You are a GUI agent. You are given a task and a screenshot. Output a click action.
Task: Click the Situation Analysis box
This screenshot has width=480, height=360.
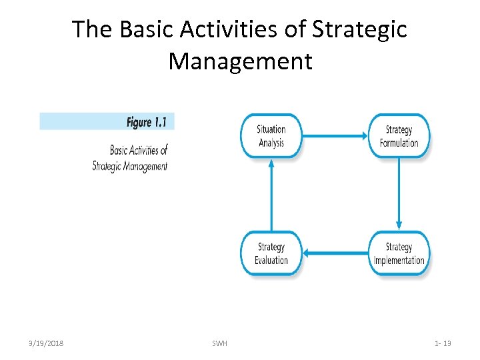(x=271, y=135)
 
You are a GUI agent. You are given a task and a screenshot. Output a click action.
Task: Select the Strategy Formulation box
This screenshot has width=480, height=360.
(x=399, y=136)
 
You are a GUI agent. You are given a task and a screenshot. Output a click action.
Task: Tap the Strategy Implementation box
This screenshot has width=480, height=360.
(x=399, y=253)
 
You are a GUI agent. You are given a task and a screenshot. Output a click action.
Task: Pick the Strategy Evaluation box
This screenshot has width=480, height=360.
(x=271, y=253)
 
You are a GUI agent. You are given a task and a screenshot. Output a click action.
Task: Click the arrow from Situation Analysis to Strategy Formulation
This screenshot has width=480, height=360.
(x=335, y=135)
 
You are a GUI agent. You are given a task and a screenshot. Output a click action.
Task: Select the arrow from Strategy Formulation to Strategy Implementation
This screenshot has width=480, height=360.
(x=399, y=193)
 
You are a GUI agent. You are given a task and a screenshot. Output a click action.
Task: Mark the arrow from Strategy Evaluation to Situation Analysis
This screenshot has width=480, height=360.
(x=271, y=194)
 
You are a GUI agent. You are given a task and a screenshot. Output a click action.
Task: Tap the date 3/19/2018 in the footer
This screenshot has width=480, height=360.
(x=47, y=343)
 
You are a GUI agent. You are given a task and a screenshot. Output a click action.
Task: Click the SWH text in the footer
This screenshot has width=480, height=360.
(x=219, y=343)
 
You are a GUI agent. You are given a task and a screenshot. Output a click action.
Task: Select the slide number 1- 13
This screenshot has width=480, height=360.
(x=443, y=343)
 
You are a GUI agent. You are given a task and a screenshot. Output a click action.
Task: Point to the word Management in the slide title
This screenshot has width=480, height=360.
(x=240, y=61)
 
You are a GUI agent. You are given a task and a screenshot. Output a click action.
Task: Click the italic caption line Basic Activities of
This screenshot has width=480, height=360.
(x=139, y=150)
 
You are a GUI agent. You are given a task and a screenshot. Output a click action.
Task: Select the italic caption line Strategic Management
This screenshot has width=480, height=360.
(x=130, y=166)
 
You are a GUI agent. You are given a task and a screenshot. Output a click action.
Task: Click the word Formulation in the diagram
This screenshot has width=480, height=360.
(x=399, y=143)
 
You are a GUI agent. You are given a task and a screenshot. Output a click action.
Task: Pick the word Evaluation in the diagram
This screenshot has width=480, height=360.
(x=271, y=260)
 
